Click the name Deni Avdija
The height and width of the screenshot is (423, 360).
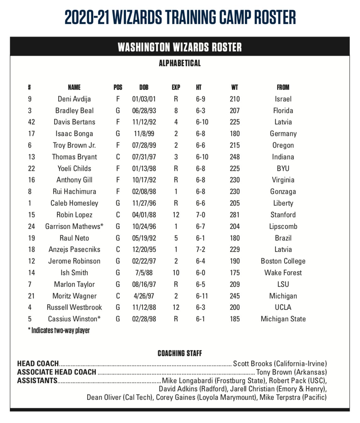(x=74, y=99)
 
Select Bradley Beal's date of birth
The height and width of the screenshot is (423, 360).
(x=144, y=110)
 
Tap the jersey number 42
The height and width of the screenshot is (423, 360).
(x=31, y=122)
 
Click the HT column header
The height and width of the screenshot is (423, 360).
(x=199, y=87)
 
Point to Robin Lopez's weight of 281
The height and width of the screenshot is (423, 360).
(x=234, y=215)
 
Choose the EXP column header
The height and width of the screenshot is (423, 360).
(x=176, y=87)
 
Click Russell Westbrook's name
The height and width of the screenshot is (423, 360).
(x=74, y=307)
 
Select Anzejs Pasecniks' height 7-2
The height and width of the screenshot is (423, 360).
(x=200, y=249)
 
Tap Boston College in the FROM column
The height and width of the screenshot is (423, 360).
(x=283, y=261)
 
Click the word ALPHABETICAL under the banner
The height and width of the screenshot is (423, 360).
(x=180, y=63)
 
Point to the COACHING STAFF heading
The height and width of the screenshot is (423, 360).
(x=180, y=353)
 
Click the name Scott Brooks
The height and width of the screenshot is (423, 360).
(x=252, y=364)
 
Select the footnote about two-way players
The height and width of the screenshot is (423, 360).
(x=59, y=330)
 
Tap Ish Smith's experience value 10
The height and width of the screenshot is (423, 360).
(x=176, y=273)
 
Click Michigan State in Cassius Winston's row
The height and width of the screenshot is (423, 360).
(x=283, y=319)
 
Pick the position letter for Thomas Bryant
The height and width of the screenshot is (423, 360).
(x=118, y=157)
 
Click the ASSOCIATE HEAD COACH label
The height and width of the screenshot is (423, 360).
(x=57, y=372)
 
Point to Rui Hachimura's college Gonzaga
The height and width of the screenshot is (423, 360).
(x=283, y=191)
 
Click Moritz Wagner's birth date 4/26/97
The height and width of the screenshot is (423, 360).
(x=144, y=296)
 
